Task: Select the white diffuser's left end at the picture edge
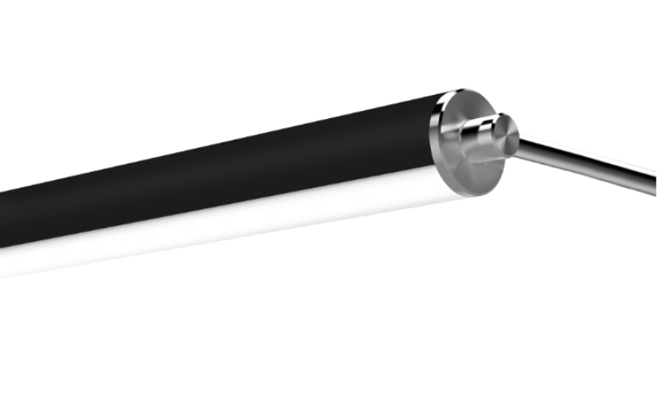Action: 3,263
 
